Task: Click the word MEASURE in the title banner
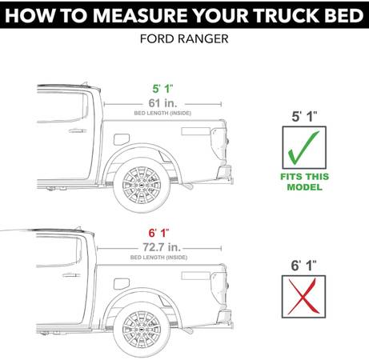(140, 15)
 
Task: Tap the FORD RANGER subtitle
(184, 39)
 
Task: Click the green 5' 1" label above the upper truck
(162, 89)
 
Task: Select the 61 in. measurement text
(162, 103)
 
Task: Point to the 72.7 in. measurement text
(162, 247)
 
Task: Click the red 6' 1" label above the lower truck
(158, 233)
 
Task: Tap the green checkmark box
(304, 147)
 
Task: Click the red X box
(303, 297)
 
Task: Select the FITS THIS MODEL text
(304, 182)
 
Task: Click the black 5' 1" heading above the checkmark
(304, 117)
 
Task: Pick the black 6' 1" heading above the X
(303, 266)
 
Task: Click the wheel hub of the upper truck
(142, 185)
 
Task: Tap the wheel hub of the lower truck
(142, 330)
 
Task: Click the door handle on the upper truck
(78, 131)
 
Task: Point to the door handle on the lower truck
(71, 275)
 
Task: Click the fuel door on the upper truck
(122, 139)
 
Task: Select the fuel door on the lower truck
(122, 284)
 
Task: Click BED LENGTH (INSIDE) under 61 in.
(162, 113)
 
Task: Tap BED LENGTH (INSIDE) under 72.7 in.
(158, 258)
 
